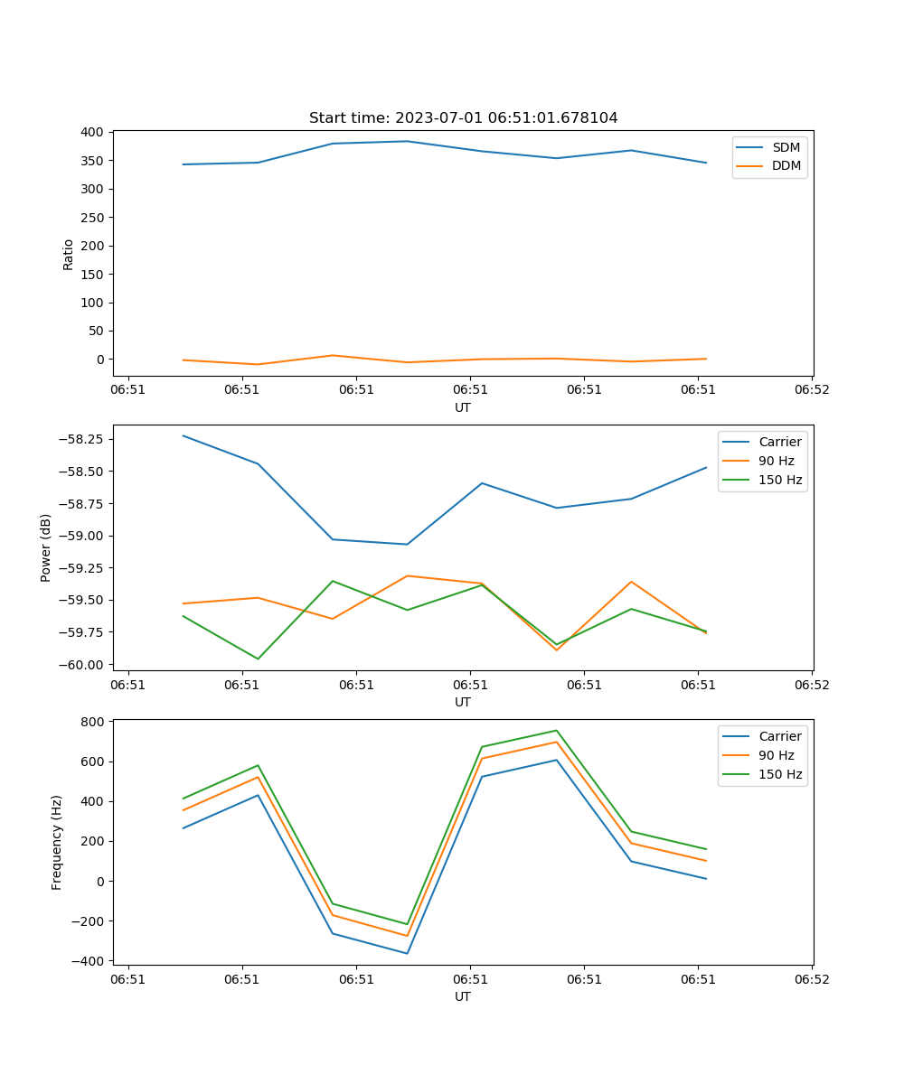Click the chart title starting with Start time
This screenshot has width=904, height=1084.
(x=463, y=118)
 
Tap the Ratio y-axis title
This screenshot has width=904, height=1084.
(x=69, y=255)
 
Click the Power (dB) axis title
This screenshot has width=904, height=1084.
(x=46, y=547)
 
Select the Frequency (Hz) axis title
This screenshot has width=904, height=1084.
(x=57, y=842)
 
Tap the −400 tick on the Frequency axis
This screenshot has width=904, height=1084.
(x=90, y=961)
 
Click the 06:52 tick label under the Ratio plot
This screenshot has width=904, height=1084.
(x=811, y=390)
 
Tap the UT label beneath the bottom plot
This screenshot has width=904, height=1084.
(x=463, y=996)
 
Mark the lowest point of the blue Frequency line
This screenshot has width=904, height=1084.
(x=407, y=953)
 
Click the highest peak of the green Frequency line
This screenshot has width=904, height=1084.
(x=557, y=730)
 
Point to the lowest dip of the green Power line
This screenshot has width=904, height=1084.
(x=258, y=659)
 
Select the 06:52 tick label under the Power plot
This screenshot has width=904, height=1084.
(x=811, y=685)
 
